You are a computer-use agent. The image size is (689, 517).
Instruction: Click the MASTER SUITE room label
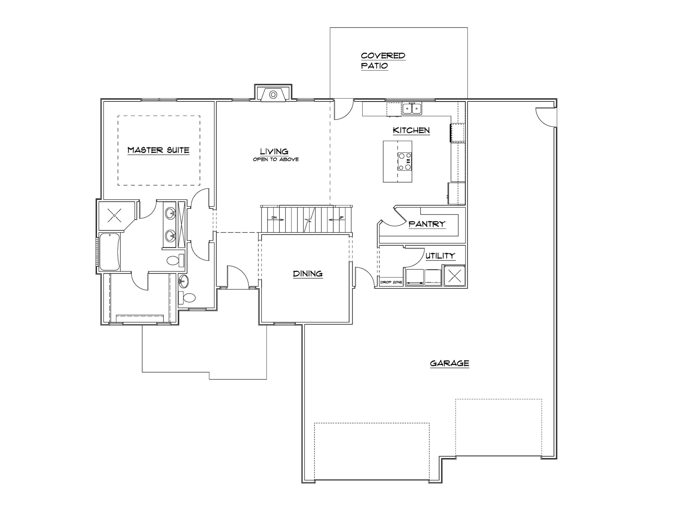[159, 150]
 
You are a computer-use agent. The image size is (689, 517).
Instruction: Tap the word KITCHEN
[411, 130]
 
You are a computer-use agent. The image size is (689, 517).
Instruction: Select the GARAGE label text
[449, 363]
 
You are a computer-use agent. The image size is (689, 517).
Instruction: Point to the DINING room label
[308, 274]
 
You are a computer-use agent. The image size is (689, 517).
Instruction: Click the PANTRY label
[427, 224]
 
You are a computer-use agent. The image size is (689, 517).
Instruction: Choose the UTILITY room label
[440, 256]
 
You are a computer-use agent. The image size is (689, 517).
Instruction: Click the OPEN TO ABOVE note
[276, 159]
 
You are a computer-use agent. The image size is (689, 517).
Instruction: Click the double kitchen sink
[412, 109]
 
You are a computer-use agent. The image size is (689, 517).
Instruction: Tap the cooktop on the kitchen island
[405, 161]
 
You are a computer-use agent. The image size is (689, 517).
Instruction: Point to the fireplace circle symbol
[273, 94]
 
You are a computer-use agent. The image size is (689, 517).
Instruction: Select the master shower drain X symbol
[114, 215]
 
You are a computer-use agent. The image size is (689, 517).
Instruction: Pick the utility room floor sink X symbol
[455, 275]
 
